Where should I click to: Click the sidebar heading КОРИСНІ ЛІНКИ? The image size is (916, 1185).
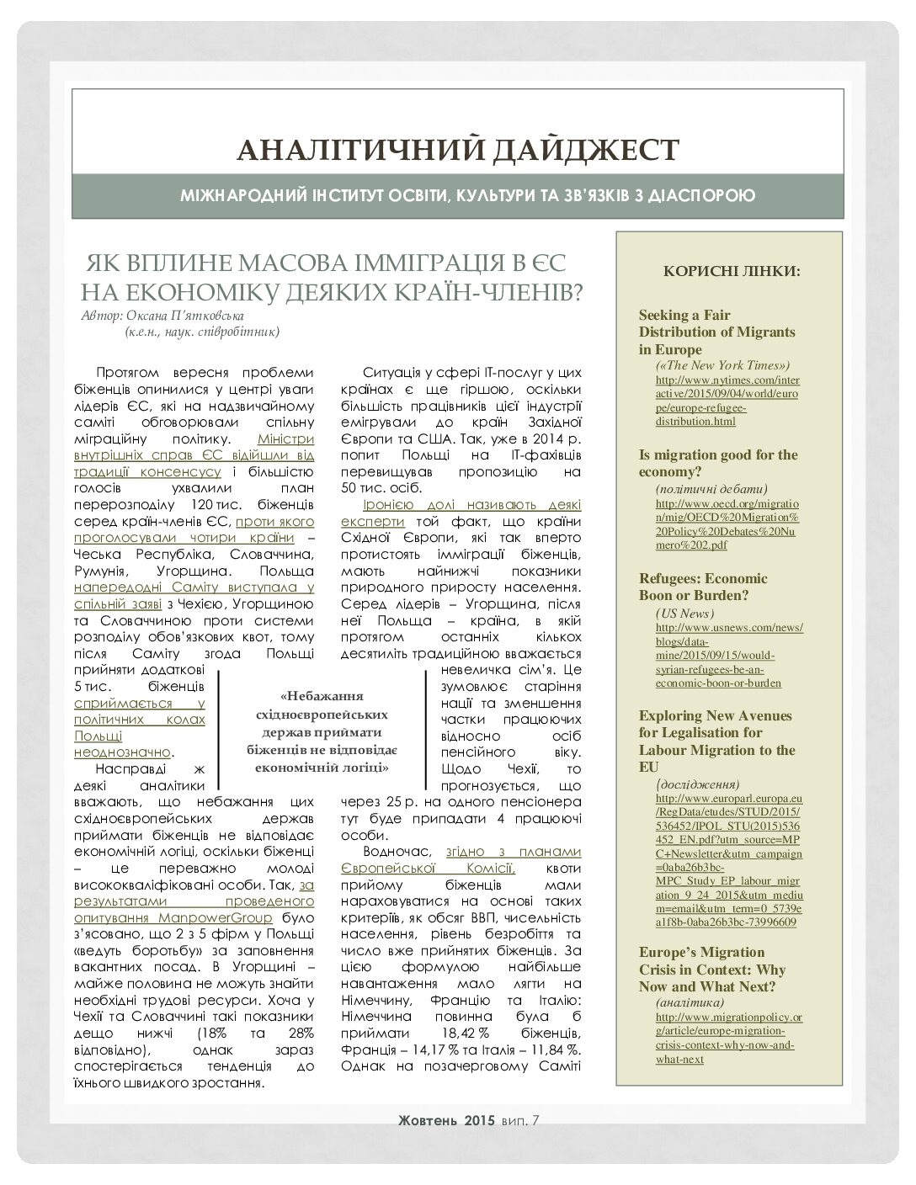click(x=732, y=272)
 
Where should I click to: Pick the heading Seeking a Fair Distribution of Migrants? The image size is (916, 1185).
click(x=716, y=332)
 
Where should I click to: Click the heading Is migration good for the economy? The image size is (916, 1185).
click(x=717, y=463)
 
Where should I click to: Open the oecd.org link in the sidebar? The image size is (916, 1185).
click(x=727, y=523)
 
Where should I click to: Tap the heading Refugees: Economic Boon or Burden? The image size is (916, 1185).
click(x=703, y=587)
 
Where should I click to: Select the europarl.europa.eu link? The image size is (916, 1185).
click(x=728, y=858)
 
